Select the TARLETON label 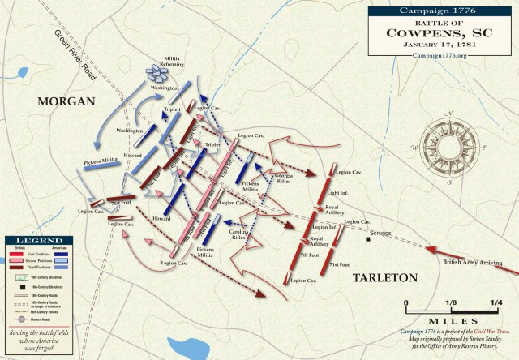coord(384,278)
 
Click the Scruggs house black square coord(368,239)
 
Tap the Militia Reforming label coord(174,61)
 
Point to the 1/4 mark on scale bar coord(495,302)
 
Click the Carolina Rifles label coord(239,234)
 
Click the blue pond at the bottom coord(179,347)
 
